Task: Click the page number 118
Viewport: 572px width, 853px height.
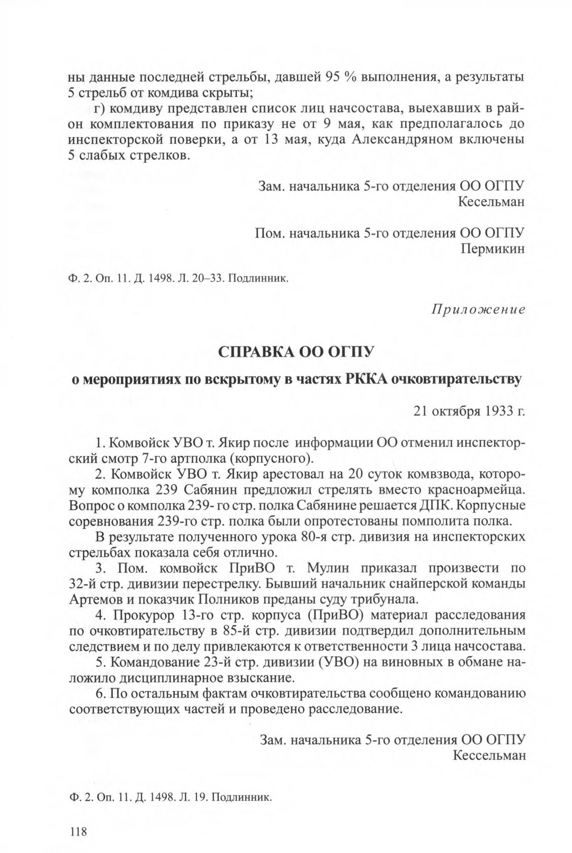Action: [x=79, y=832]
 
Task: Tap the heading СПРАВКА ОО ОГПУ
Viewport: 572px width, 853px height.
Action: [x=296, y=352]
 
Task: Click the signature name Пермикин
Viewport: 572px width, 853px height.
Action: [x=492, y=249]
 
